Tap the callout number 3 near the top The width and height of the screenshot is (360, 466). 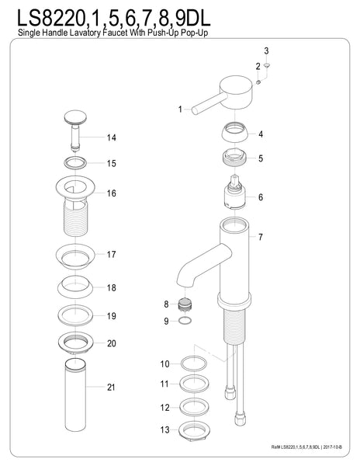tap(266, 51)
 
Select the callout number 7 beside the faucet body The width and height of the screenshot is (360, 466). tap(261, 237)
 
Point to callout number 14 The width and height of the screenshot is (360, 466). tap(112, 138)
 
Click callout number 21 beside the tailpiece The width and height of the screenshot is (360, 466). tap(112, 387)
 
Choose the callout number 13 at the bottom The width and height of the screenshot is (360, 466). tap(164, 429)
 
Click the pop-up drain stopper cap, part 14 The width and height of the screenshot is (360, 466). tap(74, 118)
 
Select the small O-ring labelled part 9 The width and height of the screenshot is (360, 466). tap(185, 319)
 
